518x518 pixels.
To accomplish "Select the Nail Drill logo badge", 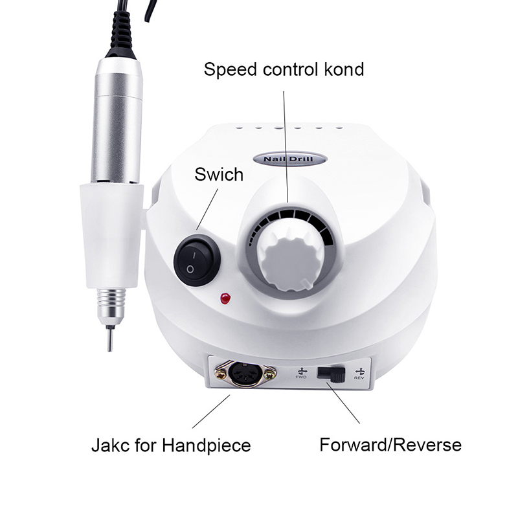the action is [x=290, y=159].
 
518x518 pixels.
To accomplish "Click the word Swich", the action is [x=219, y=174].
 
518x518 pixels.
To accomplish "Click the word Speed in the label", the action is [x=230, y=70].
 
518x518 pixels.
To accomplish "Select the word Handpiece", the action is [x=206, y=445].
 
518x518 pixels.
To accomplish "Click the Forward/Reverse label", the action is [x=390, y=445].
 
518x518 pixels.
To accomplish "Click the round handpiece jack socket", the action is [x=245, y=374].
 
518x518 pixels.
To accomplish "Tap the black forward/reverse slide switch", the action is [x=331, y=374].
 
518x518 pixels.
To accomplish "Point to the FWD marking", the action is [x=301, y=374].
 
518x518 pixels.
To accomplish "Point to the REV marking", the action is [x=359, y=374].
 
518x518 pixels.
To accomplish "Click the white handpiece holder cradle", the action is [x=111, y=235].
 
